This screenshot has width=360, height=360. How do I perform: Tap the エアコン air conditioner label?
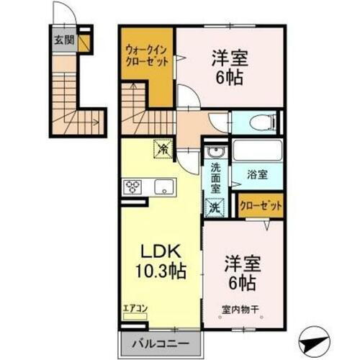135,309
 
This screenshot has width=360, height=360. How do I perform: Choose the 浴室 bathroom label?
257,174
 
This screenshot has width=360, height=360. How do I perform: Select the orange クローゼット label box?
261,205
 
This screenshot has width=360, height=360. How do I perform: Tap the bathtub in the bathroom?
257,152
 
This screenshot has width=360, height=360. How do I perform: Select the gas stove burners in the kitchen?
134,187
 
